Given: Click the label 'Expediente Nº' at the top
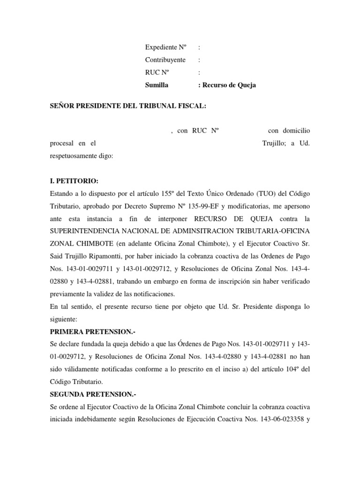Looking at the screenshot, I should coord(165,47).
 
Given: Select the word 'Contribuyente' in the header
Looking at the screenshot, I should coord(165,60).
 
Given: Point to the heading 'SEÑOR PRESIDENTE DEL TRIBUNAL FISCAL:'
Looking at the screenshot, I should coord(127,106).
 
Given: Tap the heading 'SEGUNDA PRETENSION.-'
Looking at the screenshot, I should coord(87,395).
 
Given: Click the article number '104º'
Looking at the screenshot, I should coord(291,369).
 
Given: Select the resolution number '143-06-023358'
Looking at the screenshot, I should coord(276,420).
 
